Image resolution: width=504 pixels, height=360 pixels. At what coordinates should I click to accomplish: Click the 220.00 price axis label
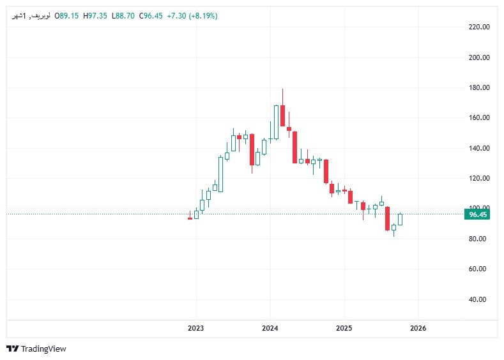click(x=479, y=27)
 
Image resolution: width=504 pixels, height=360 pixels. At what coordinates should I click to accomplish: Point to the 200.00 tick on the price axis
click(x=479, y=57)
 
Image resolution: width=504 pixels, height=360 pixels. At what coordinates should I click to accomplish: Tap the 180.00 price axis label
click(x=479, y=87)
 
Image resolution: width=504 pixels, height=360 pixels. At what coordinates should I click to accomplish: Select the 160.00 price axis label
click(x=479, y=118)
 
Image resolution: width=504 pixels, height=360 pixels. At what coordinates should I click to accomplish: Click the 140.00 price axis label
click(x=479, y=148)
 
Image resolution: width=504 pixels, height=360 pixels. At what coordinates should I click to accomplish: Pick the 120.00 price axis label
click(x=479, y=178)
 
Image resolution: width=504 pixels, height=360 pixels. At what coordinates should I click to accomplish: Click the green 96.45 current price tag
click(x=478, y=215)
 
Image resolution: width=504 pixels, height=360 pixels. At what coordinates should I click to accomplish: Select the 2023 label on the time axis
click(x=195, y=328)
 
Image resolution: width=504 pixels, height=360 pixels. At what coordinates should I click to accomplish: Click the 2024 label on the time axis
click(x=270, y=328)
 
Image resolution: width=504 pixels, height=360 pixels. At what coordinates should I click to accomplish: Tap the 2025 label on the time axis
click(x=344, y=328)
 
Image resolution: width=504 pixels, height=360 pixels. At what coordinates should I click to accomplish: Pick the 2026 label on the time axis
click(x=418, y=328)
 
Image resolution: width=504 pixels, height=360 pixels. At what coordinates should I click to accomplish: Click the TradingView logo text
click(x=43, y=349)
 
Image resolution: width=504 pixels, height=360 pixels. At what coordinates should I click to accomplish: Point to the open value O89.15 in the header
click(x=66, y=15)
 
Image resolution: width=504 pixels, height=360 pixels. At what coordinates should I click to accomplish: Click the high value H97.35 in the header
click(x=95, y=15)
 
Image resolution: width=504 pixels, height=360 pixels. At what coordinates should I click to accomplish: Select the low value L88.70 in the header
click(x=123, y=15)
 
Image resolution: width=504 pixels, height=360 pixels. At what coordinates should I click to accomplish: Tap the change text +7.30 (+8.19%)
click(x=192, y=15)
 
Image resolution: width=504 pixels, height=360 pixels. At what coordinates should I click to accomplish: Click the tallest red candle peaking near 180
click(x=282, y=115)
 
